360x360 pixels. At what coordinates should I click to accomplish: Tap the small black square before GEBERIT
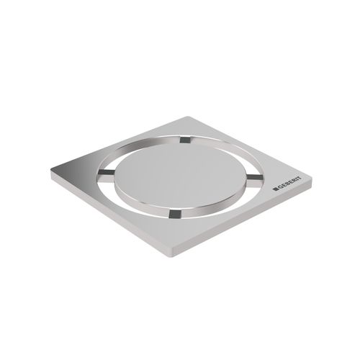click(275, 189)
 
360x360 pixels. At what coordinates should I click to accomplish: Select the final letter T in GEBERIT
click(299, 179)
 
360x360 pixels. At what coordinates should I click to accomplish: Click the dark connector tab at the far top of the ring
click(186, 140)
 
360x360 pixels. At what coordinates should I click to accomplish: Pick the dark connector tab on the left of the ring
click(106, 172)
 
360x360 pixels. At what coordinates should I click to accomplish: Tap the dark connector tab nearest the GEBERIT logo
click(255, 178)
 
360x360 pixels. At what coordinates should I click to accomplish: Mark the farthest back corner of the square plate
click(187, 117)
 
